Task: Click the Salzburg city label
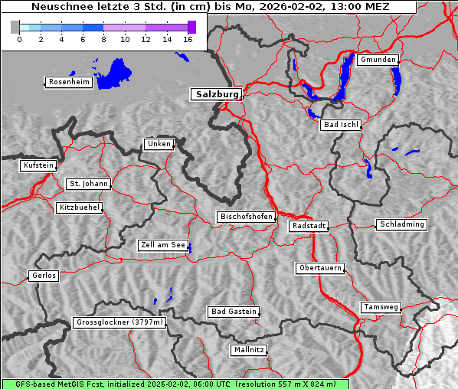[215, 94]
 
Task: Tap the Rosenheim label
[68, 82]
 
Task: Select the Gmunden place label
[378, 60]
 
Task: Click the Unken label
[158, 144]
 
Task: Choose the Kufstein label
[38, 165]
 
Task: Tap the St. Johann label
[88, 184]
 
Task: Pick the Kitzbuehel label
[79, 208]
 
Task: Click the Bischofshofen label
[246, 217]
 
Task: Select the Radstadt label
[309, 226]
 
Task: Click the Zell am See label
[162, 245]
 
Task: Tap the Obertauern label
[319, 268]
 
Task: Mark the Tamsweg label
[381, 307]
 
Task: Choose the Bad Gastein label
[234, 312]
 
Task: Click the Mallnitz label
[249, 350]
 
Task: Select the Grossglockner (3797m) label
[119, 322]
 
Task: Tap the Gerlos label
[44, 276]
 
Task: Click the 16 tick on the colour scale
[187, 39]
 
